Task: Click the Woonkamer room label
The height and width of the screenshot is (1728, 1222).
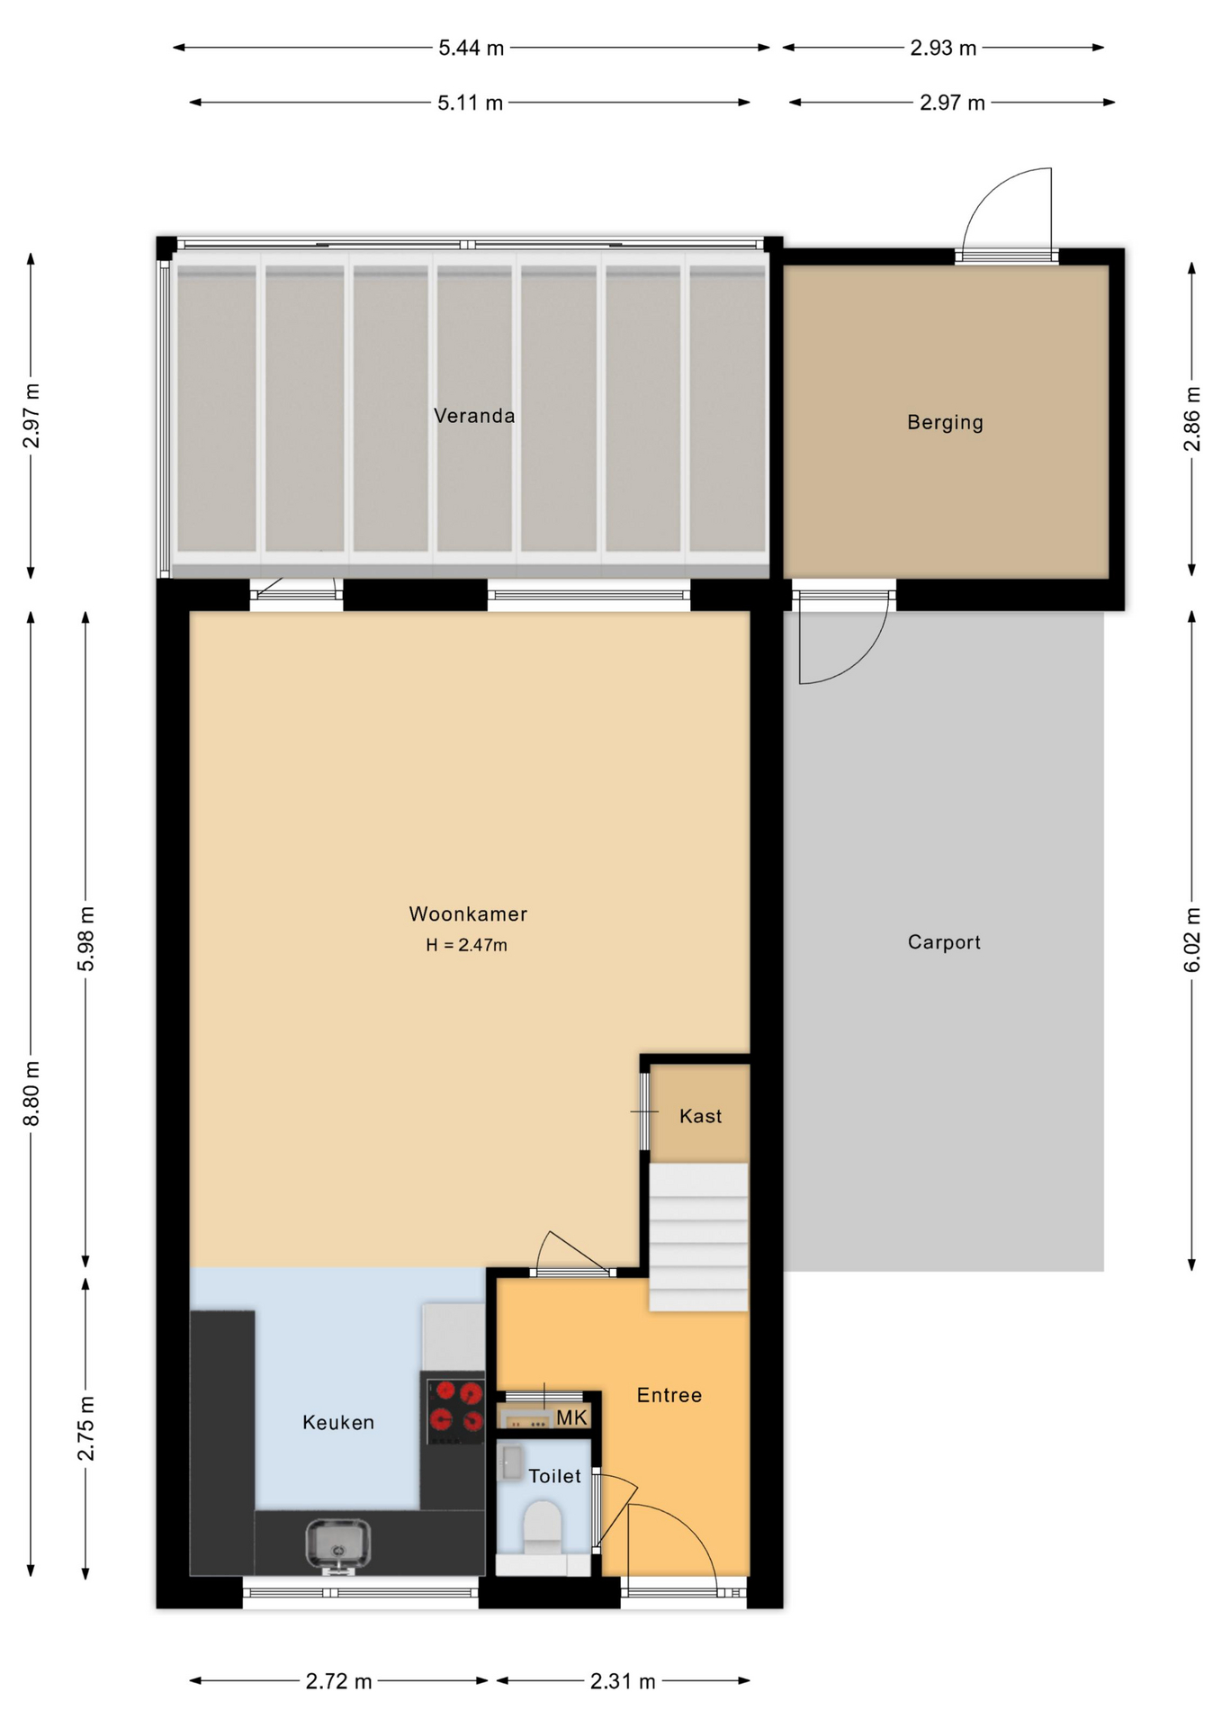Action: click(x=468, y=913)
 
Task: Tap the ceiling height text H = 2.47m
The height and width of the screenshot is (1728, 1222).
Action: click(x=466, y=945)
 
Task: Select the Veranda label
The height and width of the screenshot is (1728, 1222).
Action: click(x=474, y=416)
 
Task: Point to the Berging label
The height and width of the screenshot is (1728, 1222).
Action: click(x=945, y=422)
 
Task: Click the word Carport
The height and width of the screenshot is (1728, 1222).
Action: click(x=944, y=942)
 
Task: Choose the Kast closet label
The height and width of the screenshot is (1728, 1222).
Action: click(x=700, y=1116)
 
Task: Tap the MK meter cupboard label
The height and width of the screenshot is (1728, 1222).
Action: click(x=571, y=1418)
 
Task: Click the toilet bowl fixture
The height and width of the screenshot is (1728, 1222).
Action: click(x=543, y=1525)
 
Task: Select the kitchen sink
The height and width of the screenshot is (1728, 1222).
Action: click(x=337, y=1544)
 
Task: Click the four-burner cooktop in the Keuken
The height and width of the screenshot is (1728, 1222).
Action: click(x=455, y=1408)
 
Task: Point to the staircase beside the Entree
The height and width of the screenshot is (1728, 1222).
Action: click(x=698, y=1237)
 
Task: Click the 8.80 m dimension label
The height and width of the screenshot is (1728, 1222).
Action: click(x=31, y=1093)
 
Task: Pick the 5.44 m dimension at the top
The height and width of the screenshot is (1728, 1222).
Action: click(x=471, y=48)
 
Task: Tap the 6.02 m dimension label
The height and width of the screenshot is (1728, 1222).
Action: click(x=1192, y=940)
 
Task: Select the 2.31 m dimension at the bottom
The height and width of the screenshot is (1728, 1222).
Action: click(x=623, y=1681)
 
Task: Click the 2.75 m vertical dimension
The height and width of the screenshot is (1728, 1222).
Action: click(x=85, y=1428)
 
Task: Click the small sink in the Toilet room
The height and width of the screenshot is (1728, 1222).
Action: click(x=511, y=1462)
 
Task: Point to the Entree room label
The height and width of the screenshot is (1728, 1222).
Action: click(x=669, y=1395)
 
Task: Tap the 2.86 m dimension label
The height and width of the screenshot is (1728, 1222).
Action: click(x=1192, y=418)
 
